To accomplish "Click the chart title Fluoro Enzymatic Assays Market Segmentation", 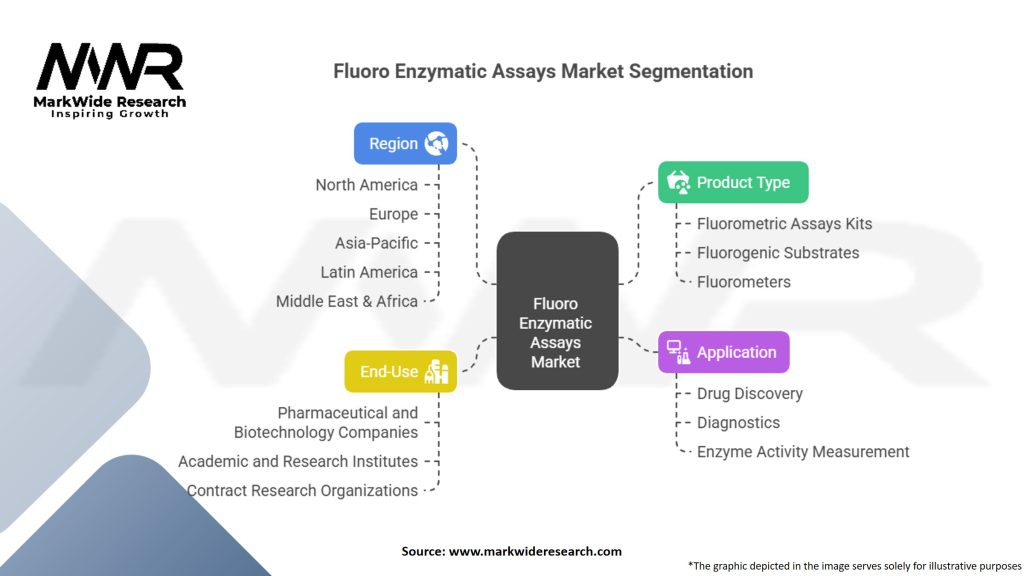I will (x=543, y=72).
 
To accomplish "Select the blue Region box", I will (x=405, y=143).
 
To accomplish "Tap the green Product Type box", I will (x=733, y=182).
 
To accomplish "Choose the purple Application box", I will (x=723, y=352).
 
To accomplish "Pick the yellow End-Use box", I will (x=400, y=371).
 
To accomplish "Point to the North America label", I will (x=366, y=185).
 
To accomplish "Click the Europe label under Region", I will (x=393, y=214).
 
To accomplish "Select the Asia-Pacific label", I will (x=376, y=243).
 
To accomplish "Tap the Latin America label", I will (x=369, y=272).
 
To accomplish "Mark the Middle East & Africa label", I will (x=346, y=301).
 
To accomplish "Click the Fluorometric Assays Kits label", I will (x=784, y=224).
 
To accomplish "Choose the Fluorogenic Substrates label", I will (x=778, y=253).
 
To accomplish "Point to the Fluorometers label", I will (x=743, y=282).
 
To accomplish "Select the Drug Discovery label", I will (x=749, y=394).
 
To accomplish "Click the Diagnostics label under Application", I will (x=738, y=423).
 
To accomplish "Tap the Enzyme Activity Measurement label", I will (x=803, y=452).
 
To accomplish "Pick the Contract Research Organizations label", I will (x=302, y=491).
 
